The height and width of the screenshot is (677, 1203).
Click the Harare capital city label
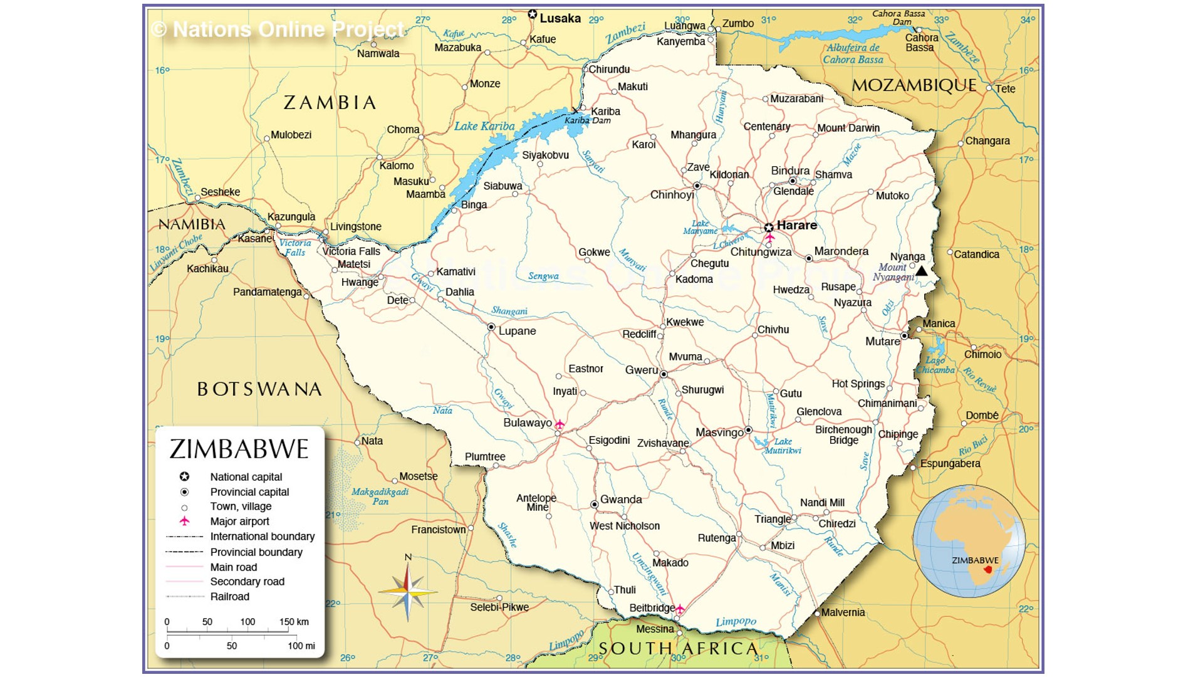pyautogui.click(x=796, y=225)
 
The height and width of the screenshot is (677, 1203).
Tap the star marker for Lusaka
pyautogui.click(x=533, y=14)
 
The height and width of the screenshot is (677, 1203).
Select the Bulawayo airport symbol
pyautogui.click(x=560, y=425)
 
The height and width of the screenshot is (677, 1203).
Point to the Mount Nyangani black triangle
pyautogui.click(x=922, y=271)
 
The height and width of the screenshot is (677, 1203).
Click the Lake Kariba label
pyautogui.click(x=484, y=126)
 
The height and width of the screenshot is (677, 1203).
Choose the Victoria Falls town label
pyautogui.click(x=352, y=251)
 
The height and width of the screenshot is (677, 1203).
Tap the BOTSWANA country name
pyautogui.click(x=259, y=389)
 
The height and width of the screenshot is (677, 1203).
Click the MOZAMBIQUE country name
pyautogui.click(x=914, y=86)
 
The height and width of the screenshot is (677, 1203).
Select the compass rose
pyautogui.click(x=408, y=591)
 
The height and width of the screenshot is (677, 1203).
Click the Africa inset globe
pyautogui.click(x=969, y=541)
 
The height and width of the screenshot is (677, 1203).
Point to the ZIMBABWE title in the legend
pyautogui.click(x=239, y=449)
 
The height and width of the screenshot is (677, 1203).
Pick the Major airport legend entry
pyautogui.click(x=239, y=522)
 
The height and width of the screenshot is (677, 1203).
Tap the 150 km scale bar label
pyautogui.click(x=294, y=622)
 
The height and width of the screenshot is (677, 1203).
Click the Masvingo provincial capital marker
pyautogui.click(x=748, y=430)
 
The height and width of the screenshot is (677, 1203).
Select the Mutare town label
pyautogui.click(x=882, y=342)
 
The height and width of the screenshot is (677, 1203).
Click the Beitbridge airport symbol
pyautogui.click(x=680, y=609)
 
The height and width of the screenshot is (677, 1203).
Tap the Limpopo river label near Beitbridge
pyautogui.click(x=736, y=622)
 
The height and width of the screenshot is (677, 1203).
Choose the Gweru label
pyautogui.click(x=642, y=370)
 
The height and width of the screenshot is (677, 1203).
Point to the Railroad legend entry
pyautogui.click(x=229, y=597)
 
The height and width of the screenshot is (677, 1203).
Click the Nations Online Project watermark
pyautogui.click(x=279, y=29)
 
